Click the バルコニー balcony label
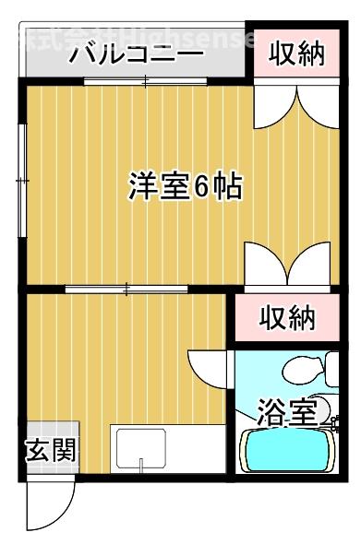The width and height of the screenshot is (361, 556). (136, 54)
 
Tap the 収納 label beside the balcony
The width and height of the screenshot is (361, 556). (297, 54)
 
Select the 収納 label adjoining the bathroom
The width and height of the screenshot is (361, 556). (286, 319)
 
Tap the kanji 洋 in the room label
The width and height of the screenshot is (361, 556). (142, 188)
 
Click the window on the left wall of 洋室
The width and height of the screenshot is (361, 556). (21, 181)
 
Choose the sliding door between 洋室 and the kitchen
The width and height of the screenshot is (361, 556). (125, 290)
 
